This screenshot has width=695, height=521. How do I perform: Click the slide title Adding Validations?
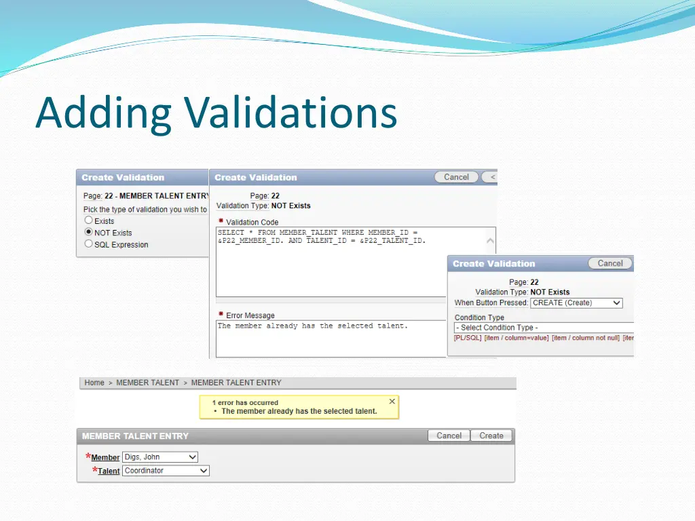point(216,113)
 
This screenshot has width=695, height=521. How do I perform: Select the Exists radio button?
point(88,220)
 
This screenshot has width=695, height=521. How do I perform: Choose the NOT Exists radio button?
point(88,232)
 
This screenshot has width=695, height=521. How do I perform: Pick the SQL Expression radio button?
point(88,244)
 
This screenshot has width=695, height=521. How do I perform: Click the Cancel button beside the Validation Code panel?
point(456,177)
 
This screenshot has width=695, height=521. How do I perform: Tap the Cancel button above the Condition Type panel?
point(609,263)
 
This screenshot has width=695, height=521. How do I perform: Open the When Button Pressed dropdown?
point(576,303)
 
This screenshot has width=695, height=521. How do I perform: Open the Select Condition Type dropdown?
point(543,328)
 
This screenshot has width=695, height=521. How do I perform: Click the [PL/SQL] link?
point(468,338)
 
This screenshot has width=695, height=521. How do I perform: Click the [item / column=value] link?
point(516,338)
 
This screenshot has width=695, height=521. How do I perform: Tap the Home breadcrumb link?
point(94,383)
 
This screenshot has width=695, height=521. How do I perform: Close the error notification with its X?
point(392,402)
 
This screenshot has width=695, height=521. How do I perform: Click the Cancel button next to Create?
point(449,436)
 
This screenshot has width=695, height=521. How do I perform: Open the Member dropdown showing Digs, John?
point(160,457)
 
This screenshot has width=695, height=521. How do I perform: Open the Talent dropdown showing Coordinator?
point(166,470)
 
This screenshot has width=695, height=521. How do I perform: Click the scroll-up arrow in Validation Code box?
point(490,240)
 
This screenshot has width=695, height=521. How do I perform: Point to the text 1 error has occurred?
point(245,402)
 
